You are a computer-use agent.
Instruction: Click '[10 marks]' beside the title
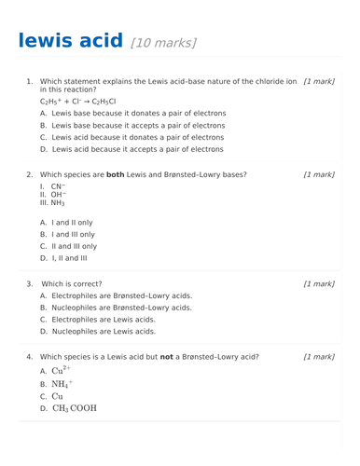click(x=164, y=43)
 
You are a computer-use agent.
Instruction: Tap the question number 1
click(x=29, y=81)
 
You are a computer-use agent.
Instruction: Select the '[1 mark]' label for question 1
click(x=319, y=81)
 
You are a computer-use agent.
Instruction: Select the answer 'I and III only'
click(x=74, y=235)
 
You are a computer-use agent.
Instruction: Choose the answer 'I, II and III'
click(x=72, y=258)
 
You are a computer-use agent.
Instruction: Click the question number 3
click(x=29, y=283)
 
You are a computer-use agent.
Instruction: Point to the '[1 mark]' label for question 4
click(x=319, y=356)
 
